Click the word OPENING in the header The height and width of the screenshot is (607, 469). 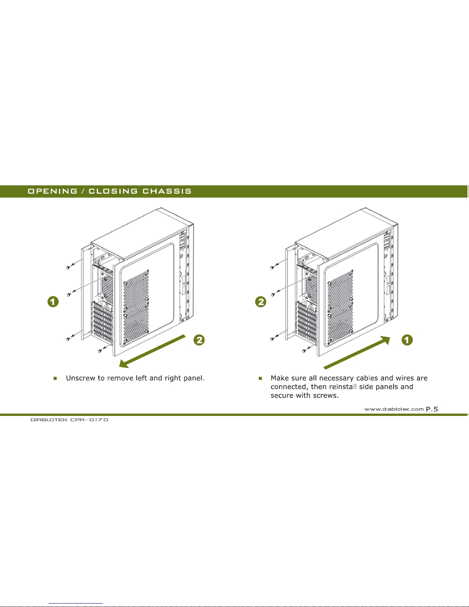point(52,191)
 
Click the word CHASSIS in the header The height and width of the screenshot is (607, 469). point(167,191)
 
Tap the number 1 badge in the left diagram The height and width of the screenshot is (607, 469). point(53,302)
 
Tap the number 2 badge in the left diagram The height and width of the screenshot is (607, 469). point(199,340)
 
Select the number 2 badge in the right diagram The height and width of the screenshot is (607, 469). point(261,302)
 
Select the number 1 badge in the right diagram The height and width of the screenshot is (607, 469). point(407,340)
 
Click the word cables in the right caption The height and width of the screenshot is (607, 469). point(366,378)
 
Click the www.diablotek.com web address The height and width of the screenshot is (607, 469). point(394,409)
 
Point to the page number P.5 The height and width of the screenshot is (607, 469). point(432,409)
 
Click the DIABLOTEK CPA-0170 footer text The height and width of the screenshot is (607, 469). point(69,420)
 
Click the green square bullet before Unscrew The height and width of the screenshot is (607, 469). point(55,378)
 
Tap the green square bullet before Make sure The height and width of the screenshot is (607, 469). point(260,378)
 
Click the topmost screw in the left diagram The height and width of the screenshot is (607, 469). point(68,267)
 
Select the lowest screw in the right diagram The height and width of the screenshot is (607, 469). point(304,351)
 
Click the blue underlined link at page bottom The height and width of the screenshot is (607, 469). point(76,604)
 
